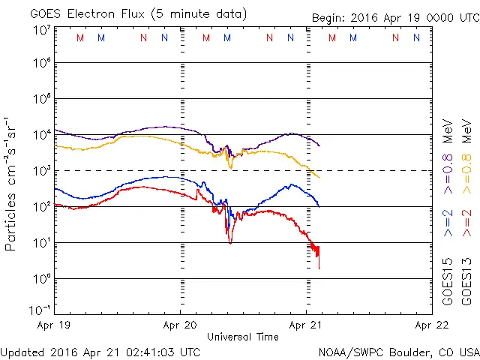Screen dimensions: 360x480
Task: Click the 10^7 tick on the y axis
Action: pyautogui.click(x=41, y=30)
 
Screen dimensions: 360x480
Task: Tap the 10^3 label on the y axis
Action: pyautogui.click(x=41, y=170)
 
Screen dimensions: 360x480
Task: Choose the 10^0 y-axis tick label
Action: pyautogui.click(x=41, y=278)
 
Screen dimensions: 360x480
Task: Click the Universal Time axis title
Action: pyautogui.click(x=243, y=337)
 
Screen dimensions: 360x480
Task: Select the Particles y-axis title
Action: pyautogui.click(x=11, y=184)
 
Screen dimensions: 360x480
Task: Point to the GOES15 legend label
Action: pyautogui.click(x=448, y=280)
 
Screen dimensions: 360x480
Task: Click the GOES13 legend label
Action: pyautogui.click(x=468, y=280)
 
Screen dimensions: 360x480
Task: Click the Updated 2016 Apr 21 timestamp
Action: pyautogui.click(x=100, y=351)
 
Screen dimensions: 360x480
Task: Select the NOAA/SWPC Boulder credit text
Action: pyautogui.click(x=398, y=351)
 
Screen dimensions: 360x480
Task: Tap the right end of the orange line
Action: pyautogui.click(x=319, y=177)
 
